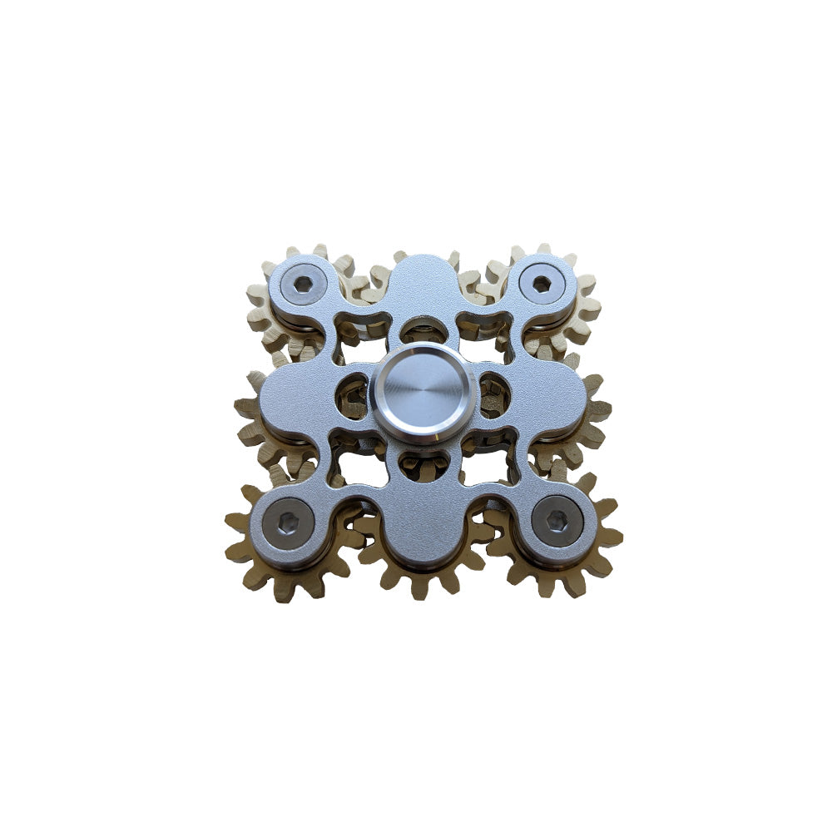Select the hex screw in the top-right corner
(542, 284)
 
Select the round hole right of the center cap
(491, 394)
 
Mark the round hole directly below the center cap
(421, 462)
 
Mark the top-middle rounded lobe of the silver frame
(421, 283)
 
